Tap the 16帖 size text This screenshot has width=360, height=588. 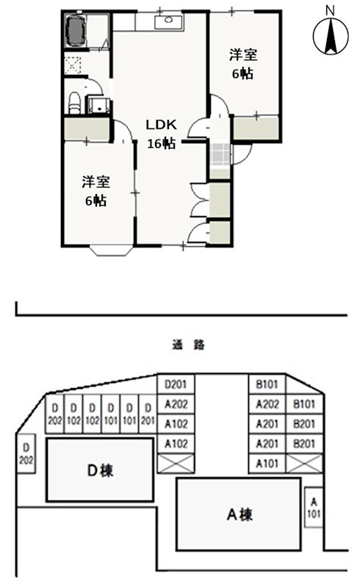pyautogui.click(x=161, y=143)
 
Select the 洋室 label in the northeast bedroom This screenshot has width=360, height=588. pyautogui.click(x=243, y=54)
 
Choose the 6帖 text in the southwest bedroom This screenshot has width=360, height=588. pyautogui.click(x=96, y=200)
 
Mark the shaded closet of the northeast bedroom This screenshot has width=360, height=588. pyautogui.click(x=256, y=129)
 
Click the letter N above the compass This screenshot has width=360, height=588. pyautogui.click(x=331, y=10)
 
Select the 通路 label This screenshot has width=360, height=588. pyautogui.click(x=187, y=343)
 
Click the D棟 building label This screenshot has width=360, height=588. pyautogui.click(x=101, y=470)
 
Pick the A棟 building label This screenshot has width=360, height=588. pyautogui.click(x=240, y=514)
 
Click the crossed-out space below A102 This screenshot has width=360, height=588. pyautogui.click(x=177, y=464)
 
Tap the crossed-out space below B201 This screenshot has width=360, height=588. pyautogui.click(x=303, y=464)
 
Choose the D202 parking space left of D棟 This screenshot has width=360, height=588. pyautogui.click(x=25, y=453)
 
